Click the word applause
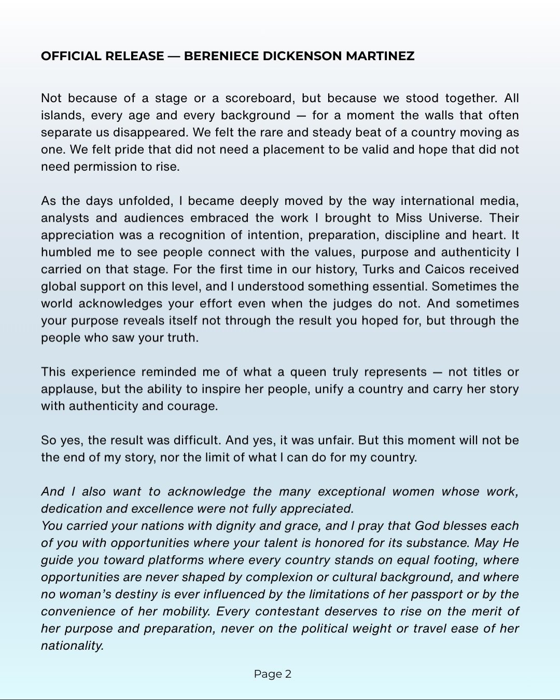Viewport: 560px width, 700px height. (68, 389)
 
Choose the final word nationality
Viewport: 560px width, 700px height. (72, 646)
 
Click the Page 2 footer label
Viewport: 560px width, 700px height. (273, 674)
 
